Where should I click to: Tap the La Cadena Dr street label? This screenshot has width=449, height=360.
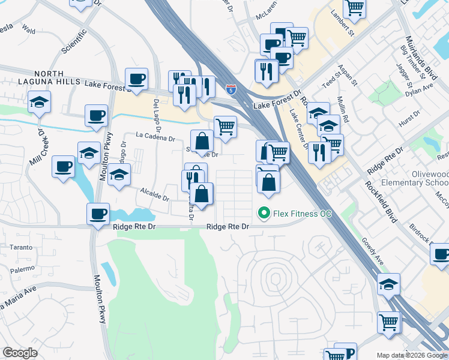point(155,138)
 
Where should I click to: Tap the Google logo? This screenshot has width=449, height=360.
point(20,353)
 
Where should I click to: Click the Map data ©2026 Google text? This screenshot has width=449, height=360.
point(411,355)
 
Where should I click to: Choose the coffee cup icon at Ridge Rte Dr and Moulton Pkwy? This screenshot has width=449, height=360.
point(98,214)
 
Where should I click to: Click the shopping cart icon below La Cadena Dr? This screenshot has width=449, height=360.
point(225,127)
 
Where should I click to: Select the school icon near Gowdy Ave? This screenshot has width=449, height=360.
point(388,284)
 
